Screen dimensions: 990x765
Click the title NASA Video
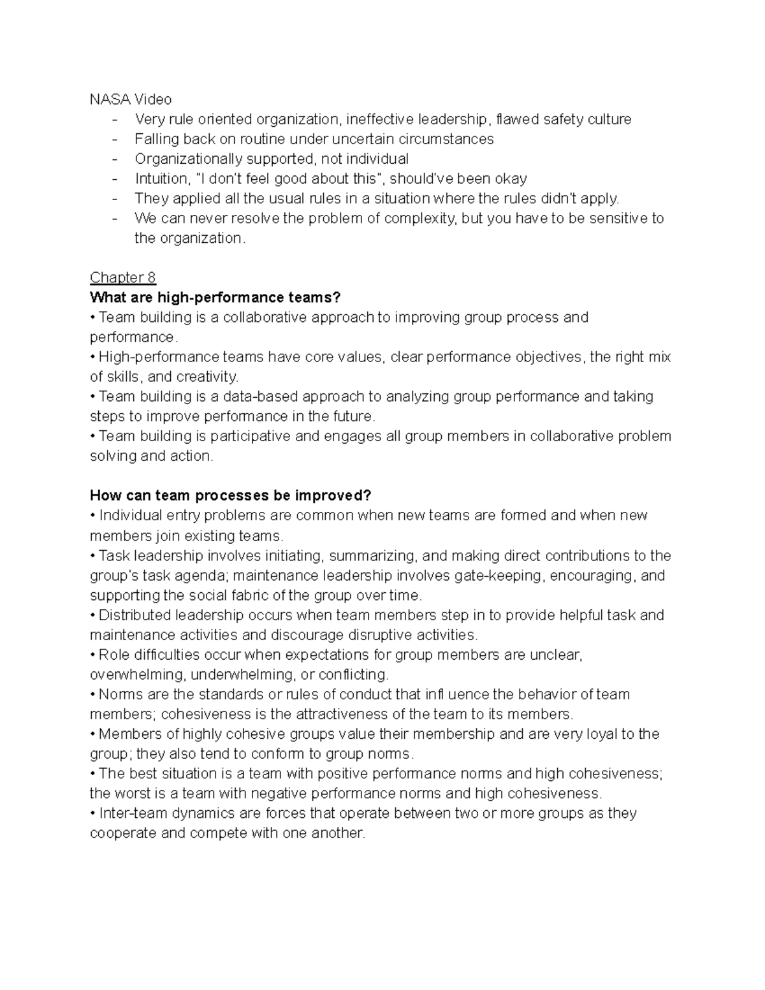pyautogui.click(x=131, y=99)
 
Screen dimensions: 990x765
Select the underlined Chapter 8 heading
pyautogui.click(x=122, y=277)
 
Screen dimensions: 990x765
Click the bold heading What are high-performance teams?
pyautogui.click(x=215, y=297)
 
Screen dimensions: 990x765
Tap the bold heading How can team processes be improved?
pyautogui.click(x=230, y=495)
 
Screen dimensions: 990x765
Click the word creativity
pyautogui.click(x=207, y=376)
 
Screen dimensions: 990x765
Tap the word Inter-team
pyautogui.click(x=131, y=813)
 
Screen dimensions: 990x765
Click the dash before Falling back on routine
pyautogui.click(x=115, y=139)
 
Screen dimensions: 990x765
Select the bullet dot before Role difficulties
pyautogui.click(x=93, y=655)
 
